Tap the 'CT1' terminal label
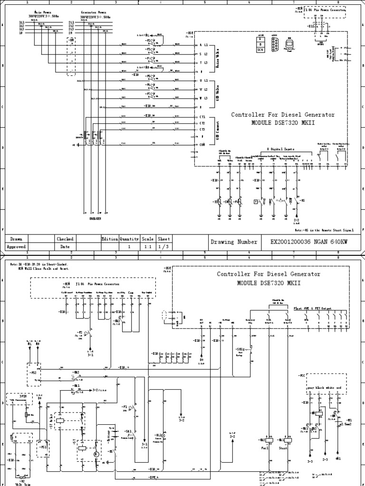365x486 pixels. pos(202,116)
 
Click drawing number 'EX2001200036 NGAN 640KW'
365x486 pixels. pos(308,242)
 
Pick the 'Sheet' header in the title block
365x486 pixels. pos(164,239)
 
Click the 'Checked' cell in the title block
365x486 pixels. pos(65,239)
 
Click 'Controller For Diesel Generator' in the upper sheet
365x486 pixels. pos(283,115)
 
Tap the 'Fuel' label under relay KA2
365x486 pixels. pos(264,448)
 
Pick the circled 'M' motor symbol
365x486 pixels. pos(95,454)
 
